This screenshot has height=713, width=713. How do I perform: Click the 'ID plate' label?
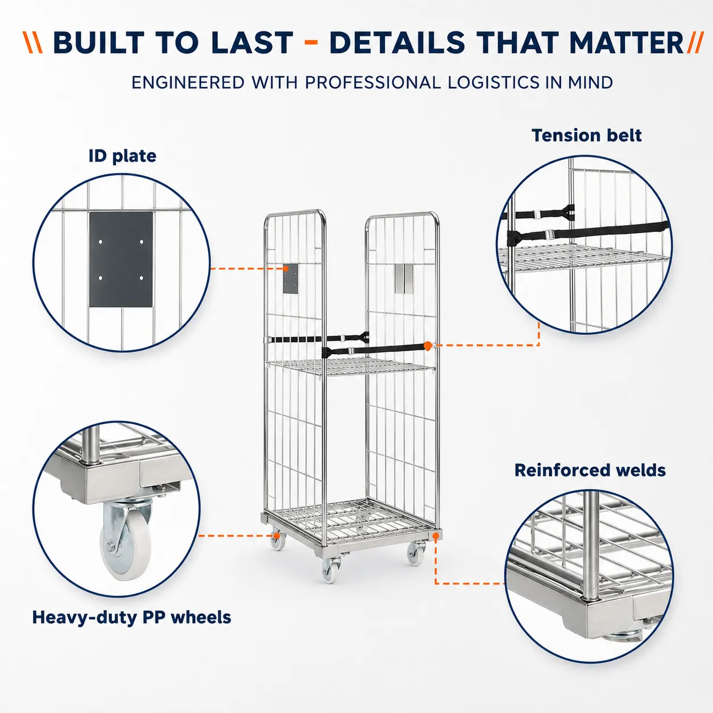tap(122, 156)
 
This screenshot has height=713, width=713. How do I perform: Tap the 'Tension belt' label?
tap(586, 135)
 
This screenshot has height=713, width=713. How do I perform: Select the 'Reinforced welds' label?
tap(590, 470)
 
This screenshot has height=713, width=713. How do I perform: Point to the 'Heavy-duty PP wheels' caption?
tap(132, 618)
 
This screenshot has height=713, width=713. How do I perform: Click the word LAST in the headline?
tap(254, 43)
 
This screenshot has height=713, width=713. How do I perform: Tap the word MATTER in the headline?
tap(626, 43)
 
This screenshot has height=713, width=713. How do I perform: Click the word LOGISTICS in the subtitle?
tap(494, 82)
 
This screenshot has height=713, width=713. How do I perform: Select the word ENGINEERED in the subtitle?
tap(188, 82)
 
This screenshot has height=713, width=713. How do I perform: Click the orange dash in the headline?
tap(311, 43)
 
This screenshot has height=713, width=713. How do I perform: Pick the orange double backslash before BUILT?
tap(33, 43)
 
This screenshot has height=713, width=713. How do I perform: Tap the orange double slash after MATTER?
tap(695, 43)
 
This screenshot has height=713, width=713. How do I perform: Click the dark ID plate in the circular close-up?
tap(121, 259)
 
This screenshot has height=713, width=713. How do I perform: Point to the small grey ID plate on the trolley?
tap(291, 279)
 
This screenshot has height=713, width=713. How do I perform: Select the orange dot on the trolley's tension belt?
tap(428, 346)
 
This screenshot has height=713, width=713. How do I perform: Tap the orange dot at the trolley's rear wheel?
tap(276, 536)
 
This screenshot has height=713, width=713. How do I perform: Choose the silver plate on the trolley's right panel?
tap(403, 279)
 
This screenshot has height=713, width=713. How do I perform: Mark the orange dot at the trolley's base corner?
tap(436, 536)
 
